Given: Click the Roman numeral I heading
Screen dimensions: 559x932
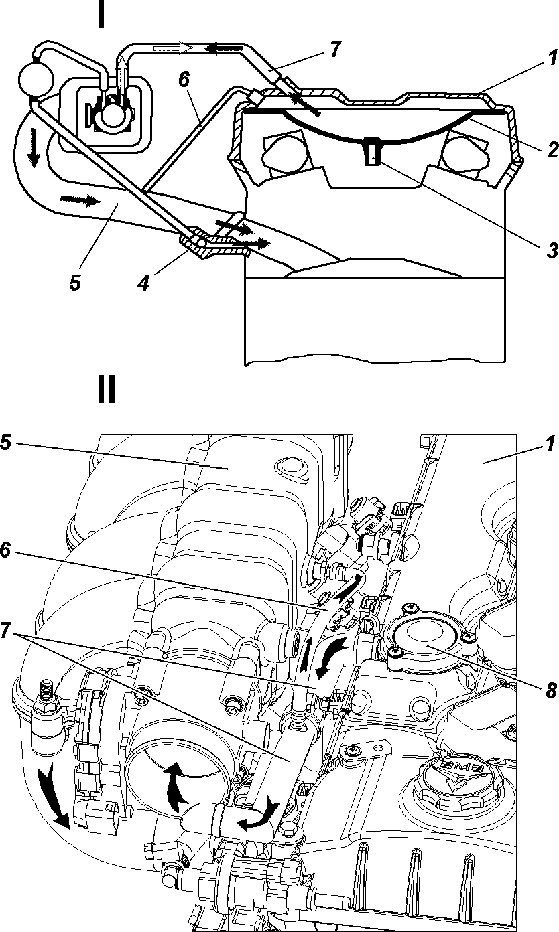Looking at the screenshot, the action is [101, 14].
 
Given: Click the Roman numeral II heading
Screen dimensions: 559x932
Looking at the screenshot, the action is [106, 389].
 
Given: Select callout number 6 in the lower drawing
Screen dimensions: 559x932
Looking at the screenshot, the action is [5, 551].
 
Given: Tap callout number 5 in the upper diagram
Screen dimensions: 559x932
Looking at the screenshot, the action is [75, 283].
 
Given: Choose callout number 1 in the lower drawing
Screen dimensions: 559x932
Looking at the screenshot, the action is [551, 443].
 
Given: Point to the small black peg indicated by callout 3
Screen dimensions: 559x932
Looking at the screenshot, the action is [371, 151].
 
